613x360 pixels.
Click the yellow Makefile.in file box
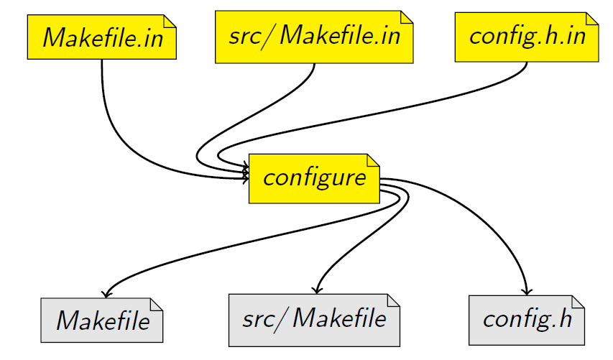(101, 37)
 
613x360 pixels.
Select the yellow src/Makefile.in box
(315, 37)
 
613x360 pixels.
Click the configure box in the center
(314, 177)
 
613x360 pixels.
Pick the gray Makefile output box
(102, 319)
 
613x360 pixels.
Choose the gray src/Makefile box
(313, 319)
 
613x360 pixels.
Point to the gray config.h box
(527, 319)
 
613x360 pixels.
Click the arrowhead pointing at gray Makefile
(106, 293)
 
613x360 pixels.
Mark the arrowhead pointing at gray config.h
(527, 292)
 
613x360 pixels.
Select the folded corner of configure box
(372, 160)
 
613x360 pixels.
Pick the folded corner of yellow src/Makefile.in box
(407, 17)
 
